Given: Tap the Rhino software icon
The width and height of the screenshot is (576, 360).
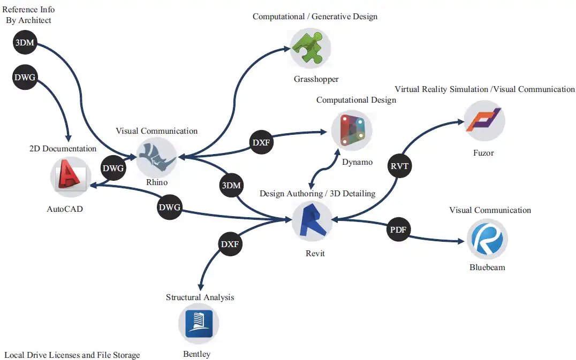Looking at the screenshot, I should [x=156, y=157].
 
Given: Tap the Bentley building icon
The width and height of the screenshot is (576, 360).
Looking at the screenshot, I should [x=199, y=323].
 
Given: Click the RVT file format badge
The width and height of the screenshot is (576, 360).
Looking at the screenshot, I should [x=399, y=166].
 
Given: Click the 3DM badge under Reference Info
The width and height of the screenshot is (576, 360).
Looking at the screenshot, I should [x=25, y=43].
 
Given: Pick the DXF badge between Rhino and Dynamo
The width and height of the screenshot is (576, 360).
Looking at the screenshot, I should [x=262, y=143].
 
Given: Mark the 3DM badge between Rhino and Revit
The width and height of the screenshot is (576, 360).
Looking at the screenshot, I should [x=232, y=186].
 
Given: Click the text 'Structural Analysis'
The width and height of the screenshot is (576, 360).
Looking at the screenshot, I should [x=200, y=297].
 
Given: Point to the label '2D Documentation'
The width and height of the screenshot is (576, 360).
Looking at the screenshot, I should [x=63, y=149].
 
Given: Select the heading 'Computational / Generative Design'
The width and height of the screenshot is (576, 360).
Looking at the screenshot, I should [x=315, y=17].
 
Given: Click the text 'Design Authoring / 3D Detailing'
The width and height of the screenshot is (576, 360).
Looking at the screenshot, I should [x=317, y=193].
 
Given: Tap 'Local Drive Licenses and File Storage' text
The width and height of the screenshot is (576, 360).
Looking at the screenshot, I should [x=72, y=355].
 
